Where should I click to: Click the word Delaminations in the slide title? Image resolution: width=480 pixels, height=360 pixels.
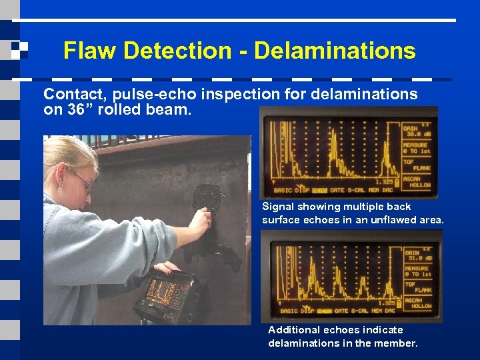coord(335,51)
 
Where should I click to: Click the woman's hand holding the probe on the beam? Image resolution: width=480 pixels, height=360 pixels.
coord(200,221)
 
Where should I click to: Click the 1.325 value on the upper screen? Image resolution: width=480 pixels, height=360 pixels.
coord(386,181)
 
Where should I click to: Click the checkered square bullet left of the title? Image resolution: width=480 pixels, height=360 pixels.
coord(20,49)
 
